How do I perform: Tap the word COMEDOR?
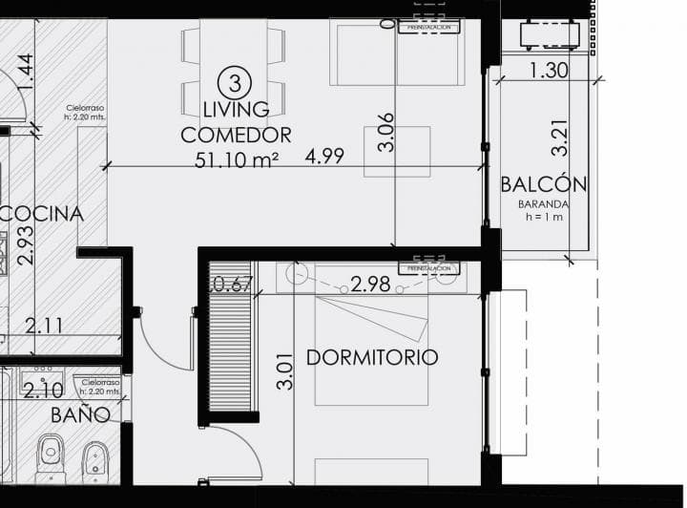[x=236, y=135]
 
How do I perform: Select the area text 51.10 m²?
[x=236, y=159]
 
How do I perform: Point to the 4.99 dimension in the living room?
[x=325, y=156]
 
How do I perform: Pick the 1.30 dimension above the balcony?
[x=548, y=70]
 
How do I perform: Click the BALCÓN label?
[x=544, y=184]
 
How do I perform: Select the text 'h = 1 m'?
[x=544, y=217]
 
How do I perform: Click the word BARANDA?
[x=544, y=203]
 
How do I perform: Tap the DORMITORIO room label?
[x=372, y=357]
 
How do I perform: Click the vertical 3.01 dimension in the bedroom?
[x=284, y=370]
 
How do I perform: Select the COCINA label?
[x=42, y=214]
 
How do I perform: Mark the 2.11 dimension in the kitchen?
[x=44, y=326]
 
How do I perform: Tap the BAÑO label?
[x=81, y=414]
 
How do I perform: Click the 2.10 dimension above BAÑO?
[x=43, y=391]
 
